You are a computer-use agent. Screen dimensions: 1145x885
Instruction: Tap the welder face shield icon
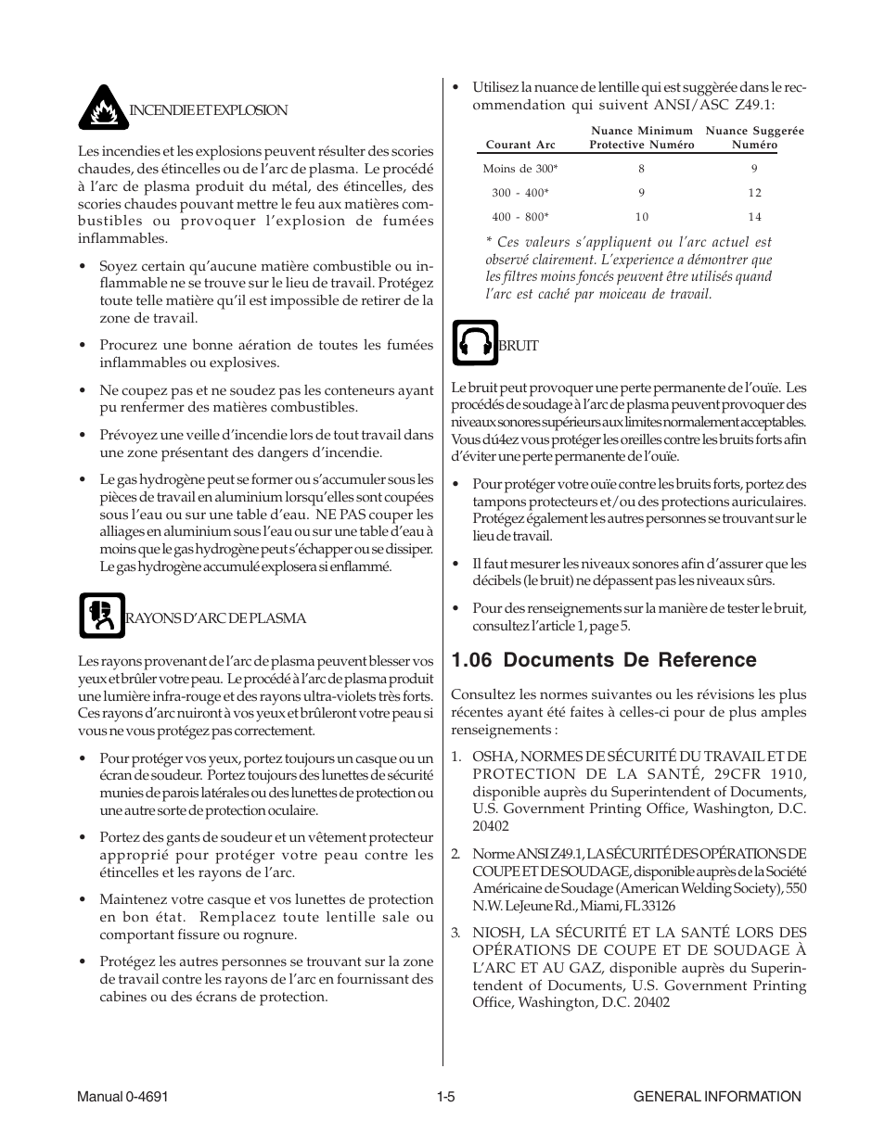point(102,616)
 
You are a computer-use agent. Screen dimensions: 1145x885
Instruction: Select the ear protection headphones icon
point(475,343)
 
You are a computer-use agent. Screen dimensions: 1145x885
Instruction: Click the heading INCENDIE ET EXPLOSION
point(208,110)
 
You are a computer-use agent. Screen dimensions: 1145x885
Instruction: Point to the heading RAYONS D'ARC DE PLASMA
point(215,618)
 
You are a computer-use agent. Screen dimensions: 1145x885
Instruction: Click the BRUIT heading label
point(519,346)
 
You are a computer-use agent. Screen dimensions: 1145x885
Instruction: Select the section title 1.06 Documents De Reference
point(603,660)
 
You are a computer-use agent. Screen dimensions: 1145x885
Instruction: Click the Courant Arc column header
point(521,145)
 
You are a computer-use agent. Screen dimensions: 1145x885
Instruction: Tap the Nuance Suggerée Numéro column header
point(754,138)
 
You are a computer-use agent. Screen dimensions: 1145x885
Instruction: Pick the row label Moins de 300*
point(520,169)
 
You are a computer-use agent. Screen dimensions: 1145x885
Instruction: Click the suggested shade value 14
point(754,217)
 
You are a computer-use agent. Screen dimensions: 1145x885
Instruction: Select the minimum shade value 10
point(642,217)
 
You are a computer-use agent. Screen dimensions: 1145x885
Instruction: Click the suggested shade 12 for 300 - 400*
point(754,193)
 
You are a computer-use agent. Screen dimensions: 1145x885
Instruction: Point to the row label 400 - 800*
point(520,217)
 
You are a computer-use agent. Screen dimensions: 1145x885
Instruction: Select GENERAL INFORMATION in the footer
point(717,1096)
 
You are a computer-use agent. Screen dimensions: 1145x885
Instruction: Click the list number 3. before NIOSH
point(455,933)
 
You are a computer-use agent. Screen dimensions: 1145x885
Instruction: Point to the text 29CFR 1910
point(759,774)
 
